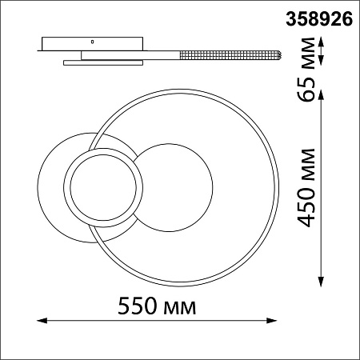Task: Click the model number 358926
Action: tap(319, 20)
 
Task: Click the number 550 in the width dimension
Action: tap(138, 306)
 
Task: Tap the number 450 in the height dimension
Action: tap(306, 207)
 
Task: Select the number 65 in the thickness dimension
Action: tap(306, 90)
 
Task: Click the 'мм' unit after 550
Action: tap(180, 308)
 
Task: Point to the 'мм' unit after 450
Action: tap(309, 165)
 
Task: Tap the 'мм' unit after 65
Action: tap(309, 54)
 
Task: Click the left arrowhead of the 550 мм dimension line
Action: tap(42, 320)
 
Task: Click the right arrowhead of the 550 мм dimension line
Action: tap(272, 320)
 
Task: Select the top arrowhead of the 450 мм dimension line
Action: tap(321, 94)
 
